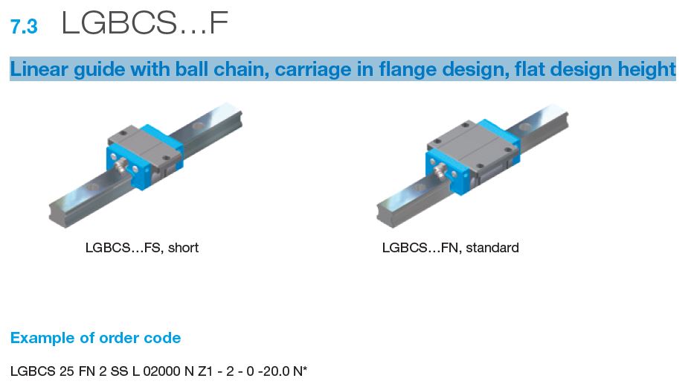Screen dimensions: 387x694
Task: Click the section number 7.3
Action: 24,28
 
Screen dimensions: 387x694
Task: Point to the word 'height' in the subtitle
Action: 647,70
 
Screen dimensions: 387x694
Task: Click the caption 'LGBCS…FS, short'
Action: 142,248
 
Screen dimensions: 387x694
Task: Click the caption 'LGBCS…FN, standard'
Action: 450,248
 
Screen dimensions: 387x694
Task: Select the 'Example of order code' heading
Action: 95,338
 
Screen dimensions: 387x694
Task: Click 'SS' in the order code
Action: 116,370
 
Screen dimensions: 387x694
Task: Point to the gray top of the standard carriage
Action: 468,138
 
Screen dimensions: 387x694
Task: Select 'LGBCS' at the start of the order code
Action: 32,370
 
